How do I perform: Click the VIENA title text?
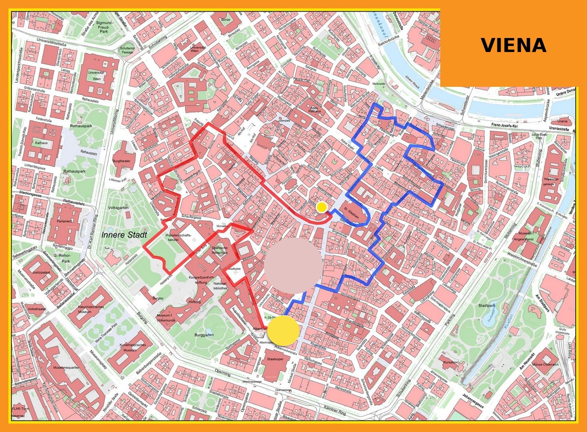[x=513, y=45]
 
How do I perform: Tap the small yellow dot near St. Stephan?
[x=321, y=207]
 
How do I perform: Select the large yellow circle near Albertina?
[x=283, y=330]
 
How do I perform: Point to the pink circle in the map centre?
[x=293, y=264]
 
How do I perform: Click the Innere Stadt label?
[x=124, y=235]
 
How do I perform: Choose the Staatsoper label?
[x=275, y=359]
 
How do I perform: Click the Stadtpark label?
[x=486, y=306]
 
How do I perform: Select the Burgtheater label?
[x=121, y=161]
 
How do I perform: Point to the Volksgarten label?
[x=118, y=208]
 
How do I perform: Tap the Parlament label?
[x=64, y=221]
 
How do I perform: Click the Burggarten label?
[x=204, y=335]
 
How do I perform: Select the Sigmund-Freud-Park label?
[x=104, y=27]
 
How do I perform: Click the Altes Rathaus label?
[x=314, y=109]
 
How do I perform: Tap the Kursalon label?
[x=450, y=362]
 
